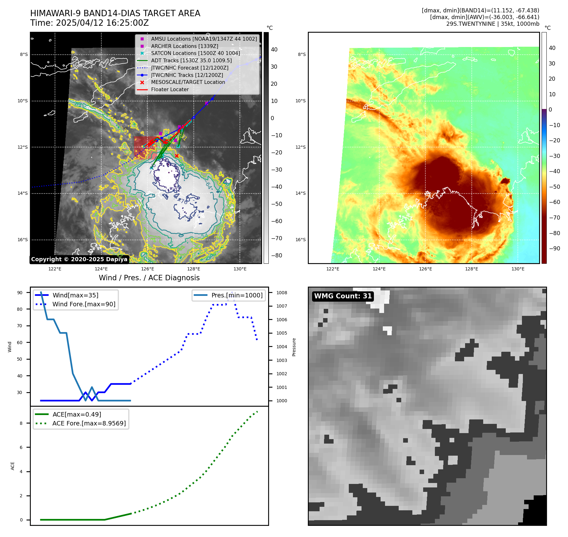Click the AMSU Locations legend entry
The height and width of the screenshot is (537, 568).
click(204, 39)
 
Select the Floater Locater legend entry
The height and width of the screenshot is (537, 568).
click(170, 90)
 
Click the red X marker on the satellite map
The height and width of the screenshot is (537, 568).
click(177, 156)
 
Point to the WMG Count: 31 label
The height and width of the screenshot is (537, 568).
click(343, 296)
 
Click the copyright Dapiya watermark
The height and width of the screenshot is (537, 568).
click(79, 259)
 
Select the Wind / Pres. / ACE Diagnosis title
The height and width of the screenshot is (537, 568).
click(149, 278)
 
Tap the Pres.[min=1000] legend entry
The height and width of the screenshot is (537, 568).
click(237, 295)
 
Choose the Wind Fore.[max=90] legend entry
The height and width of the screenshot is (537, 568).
click(84, 304)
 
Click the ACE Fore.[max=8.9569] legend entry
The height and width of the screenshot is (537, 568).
click(89, 423)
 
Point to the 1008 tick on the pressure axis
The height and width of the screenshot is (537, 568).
click(281, 293)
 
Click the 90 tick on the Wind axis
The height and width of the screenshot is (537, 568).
click(20, 293)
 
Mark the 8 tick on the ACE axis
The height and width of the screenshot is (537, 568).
click(21, 423)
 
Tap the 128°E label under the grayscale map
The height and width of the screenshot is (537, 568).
click(193, 269)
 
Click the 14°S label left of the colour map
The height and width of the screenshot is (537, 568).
click(301, 193)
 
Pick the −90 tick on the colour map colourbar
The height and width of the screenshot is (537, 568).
click(554, 248)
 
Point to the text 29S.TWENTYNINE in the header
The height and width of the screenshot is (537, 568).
click(466, 24)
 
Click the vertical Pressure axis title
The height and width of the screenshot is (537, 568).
click(294, 347)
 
